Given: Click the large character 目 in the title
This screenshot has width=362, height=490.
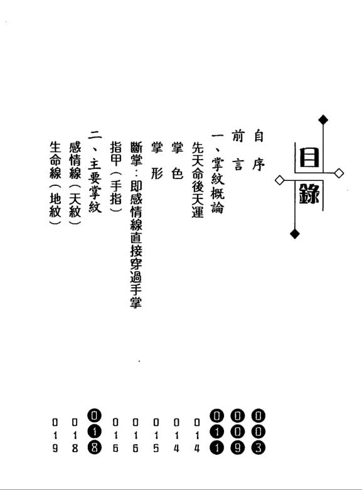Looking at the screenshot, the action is click(309, 157).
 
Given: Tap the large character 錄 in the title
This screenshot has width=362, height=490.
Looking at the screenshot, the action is click(309, 193).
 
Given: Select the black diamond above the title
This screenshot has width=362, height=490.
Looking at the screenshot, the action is click(323, 120).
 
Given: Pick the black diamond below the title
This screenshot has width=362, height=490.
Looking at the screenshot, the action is click(295, 234).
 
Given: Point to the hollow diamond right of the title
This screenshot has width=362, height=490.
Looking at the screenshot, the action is click(339, 173).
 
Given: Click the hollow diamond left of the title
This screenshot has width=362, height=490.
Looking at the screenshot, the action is click(280, 180).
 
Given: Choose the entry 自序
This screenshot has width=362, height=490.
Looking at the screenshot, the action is click(258, 150).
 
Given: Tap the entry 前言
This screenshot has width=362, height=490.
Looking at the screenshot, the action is click(238, 150).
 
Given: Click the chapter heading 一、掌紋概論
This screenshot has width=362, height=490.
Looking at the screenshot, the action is click(218, 173).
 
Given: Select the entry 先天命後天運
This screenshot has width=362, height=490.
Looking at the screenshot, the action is click(198, 180).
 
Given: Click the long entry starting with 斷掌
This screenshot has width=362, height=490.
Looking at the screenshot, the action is click(136, 225).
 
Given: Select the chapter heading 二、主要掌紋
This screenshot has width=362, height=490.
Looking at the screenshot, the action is click(95, 172).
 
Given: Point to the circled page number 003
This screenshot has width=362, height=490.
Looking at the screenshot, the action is click(258, 432).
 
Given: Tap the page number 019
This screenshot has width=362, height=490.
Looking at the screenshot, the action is click(55, 435).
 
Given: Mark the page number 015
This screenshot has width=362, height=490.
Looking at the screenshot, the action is click(156, 435).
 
